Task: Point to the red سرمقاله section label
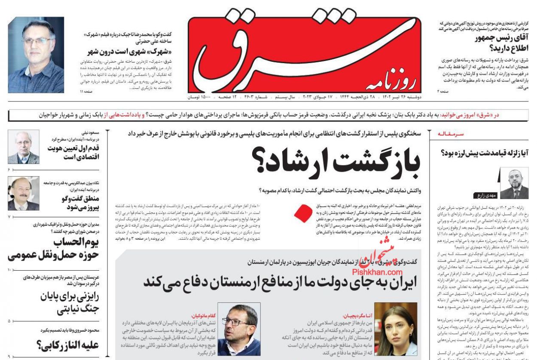pos(451,134)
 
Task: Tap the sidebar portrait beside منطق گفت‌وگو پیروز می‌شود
pos(23,193)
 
